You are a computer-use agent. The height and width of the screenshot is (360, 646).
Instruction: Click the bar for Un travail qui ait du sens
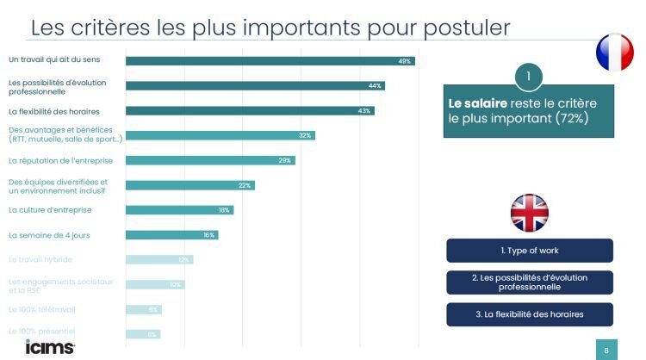pos(270,61)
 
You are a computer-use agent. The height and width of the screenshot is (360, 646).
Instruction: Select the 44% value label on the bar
pos(375,86)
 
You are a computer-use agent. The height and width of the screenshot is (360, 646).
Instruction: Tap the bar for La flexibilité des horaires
pos(250,111)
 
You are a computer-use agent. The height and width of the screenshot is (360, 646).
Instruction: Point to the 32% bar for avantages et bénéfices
pos(220,135)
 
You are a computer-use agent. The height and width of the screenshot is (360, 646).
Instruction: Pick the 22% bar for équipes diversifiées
pos(189,185)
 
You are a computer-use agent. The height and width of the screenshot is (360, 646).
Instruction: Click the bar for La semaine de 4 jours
pos(171,234)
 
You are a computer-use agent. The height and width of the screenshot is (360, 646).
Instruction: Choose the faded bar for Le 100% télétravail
pos(143,309)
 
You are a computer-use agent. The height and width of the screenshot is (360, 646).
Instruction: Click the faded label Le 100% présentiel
pos(42,332)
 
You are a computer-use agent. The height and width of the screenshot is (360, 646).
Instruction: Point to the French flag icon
pos(615,53)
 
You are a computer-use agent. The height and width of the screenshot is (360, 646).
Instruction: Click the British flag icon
pos(529,213)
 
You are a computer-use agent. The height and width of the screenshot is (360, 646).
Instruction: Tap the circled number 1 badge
pos(530,77)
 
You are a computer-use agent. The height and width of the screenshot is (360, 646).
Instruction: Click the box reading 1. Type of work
pos(530,251)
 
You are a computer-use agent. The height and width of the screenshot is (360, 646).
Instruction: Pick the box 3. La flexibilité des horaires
pos(530,314)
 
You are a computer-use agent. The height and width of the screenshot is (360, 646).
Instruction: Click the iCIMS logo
pos(49,347)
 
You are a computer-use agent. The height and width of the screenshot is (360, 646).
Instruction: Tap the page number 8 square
pos(606,350)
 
